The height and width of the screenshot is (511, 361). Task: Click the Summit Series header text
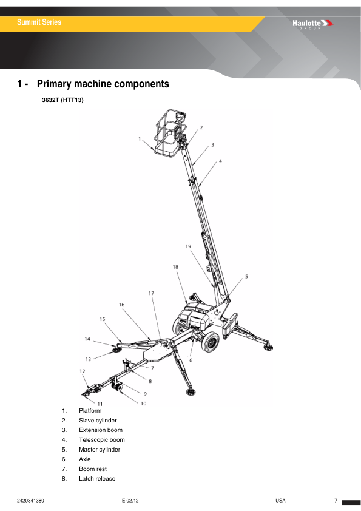click(x=39, y=22)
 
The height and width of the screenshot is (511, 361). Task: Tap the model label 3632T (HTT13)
click(x=62, y=101)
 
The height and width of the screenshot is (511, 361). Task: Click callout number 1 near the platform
click(x=140, y=138)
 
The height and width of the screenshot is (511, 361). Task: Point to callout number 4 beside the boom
click(x=220, y=161)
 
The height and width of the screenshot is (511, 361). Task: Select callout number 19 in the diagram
click(x=188, y=246)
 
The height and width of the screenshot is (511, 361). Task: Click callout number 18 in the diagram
click(x=175, y=266)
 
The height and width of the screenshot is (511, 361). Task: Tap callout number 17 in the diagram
click(x=151, y=293)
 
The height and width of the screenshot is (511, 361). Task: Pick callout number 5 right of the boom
click(x=246, y=277)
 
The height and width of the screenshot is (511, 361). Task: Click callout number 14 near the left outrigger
click(x=87, y=339)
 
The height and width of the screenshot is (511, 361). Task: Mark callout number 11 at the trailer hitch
click(x=100, y=404)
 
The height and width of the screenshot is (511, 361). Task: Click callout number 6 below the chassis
click(x=191, y=360)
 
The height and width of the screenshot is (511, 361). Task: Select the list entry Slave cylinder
click(x=98, y=420)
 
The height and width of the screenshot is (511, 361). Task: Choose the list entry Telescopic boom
click(x=101, y=439)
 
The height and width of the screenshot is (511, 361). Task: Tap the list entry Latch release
click(x=96, y=478)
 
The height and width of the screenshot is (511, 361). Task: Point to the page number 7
click(x=336, y=501)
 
